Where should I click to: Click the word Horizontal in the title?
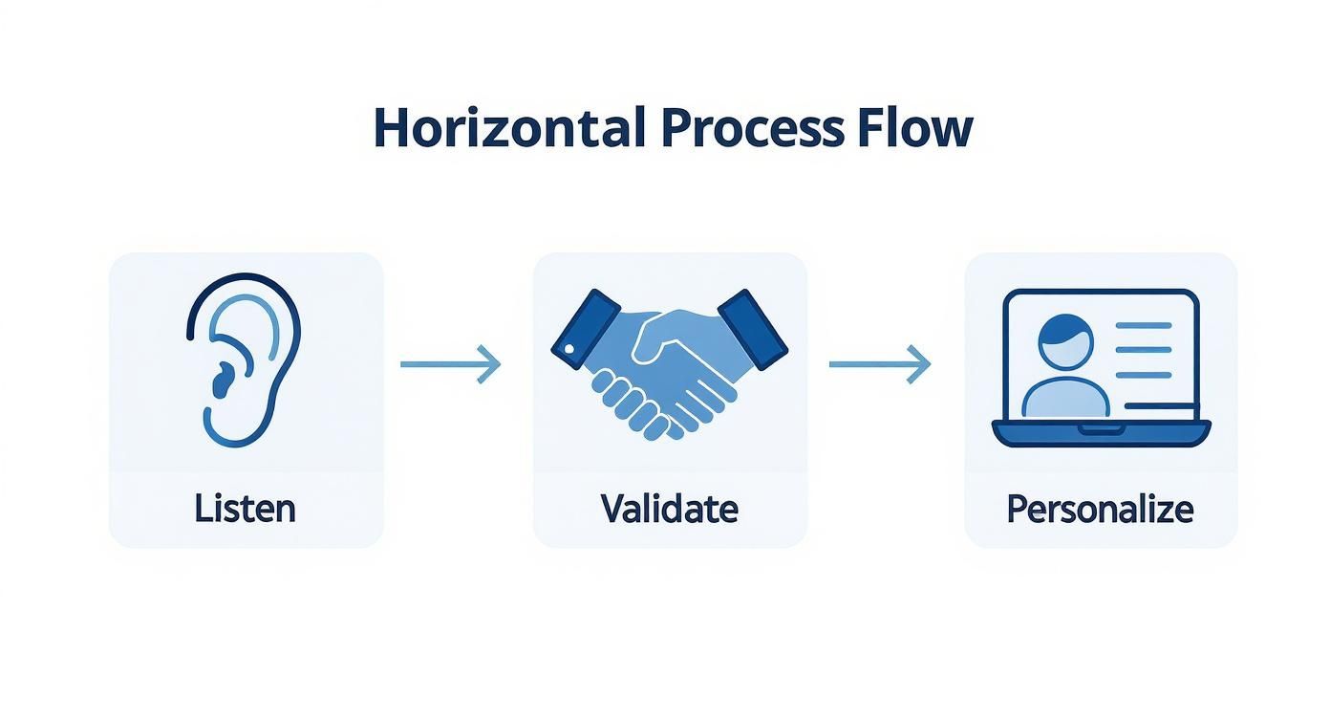point(508,128)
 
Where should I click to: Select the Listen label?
point(245,508)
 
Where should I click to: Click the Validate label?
point(669,508)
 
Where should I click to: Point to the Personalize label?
point(1100,508)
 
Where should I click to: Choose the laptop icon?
point(1101,368)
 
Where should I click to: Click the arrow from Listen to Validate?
point(449,363)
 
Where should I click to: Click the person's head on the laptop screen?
point(1065,339)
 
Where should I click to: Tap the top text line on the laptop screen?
point(1144,326)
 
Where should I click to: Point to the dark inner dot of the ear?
point(222,381)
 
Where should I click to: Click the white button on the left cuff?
point(569,350)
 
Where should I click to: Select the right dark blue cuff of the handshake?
point(753,328)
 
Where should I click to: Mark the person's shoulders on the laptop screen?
point(1065,397)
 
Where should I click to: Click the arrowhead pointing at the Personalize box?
point(920,363)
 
